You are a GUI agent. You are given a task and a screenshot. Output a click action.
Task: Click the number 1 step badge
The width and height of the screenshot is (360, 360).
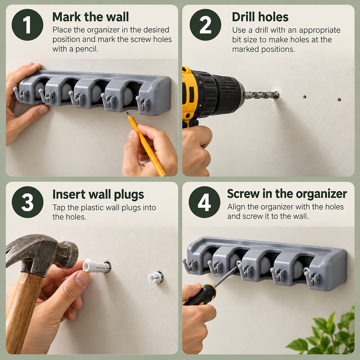pyautogui.click(x=28, y=25)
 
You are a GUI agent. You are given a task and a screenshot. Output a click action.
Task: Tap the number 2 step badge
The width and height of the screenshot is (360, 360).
pyautogui.click(x=205, y=25)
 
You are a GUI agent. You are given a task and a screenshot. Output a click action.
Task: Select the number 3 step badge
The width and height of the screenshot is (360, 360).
pyautogui.click(x=28, y=202)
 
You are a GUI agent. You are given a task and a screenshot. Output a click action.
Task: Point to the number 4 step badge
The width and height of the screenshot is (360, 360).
pyautogui.click(x=204, y=202)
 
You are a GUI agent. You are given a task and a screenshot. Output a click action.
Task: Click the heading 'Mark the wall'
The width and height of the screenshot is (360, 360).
pyautogui.click(x=91, y=17)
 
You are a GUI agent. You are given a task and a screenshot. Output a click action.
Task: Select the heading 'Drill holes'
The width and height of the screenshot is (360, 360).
pyautogui.click(x=260, y=17)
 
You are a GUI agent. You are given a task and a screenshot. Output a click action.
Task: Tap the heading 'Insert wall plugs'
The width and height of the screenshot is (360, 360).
pyautogui.click(x=98, y=195)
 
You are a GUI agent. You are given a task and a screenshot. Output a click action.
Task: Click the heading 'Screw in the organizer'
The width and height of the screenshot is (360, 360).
pyautogui.click(x=287, y=194)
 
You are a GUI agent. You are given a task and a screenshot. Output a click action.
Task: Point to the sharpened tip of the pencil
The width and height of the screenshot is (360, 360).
pyautogui.click(x=127, y=112)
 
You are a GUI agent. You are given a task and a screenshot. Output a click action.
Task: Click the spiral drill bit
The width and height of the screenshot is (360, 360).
pyautogui.click(x=262, y=94)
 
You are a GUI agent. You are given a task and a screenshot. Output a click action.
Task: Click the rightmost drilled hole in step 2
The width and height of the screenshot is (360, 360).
pyautogui.click(x=339, y=100)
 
